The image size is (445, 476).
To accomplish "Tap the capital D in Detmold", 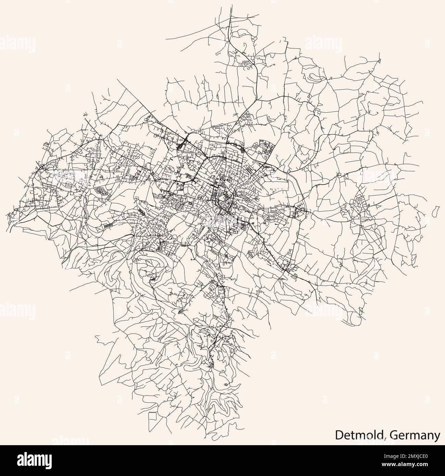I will [339, 435].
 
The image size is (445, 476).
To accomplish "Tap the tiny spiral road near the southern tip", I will [225, 385].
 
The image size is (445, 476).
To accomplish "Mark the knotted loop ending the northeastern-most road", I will [379, 62].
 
